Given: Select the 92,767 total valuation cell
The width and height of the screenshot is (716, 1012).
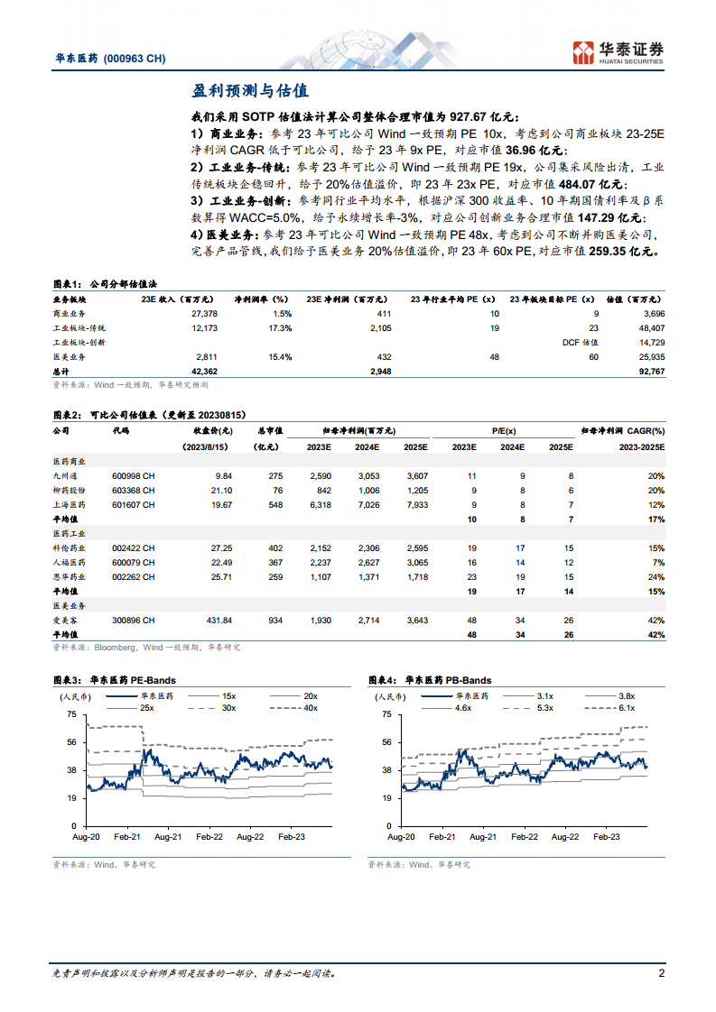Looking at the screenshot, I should pyautogui.click(x=650, y=371).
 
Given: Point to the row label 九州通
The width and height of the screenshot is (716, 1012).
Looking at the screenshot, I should pyautogui.click(x=67, y=474).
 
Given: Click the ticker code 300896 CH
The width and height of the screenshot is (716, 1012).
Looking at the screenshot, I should pyautogui.click(x=134, y=621).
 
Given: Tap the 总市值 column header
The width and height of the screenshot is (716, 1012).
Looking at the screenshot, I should pyautogui.click(x=270, y=431).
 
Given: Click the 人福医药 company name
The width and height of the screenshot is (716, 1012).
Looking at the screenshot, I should pyautogui.click(x=70, y=562).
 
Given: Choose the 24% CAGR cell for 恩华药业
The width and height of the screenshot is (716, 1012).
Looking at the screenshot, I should pyautogui.click(x=656, y=576).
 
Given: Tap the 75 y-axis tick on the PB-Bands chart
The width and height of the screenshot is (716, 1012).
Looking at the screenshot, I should pyautogui.click(x=386, y=714).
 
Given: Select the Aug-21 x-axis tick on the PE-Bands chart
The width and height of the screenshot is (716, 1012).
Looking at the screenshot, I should pyautogui.click(x=168, y=837).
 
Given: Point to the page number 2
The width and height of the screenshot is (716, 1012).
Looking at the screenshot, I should pyautogui.click(x=661, y=972).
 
